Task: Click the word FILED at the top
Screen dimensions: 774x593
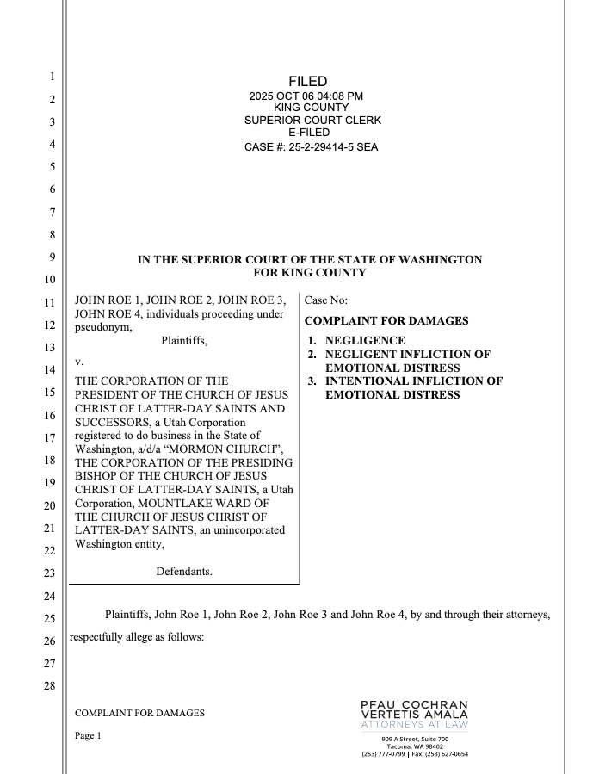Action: click(x=307, y=81)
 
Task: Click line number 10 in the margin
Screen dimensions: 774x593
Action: click(x=50, y=280)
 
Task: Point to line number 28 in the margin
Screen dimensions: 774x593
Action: click(x=50, y=686)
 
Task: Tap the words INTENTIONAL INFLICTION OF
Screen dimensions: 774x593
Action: click(x=413, y=381)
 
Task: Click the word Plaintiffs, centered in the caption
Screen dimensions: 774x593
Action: click(x=183, y=341)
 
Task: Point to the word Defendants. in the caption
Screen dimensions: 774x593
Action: click(x=183, y=571)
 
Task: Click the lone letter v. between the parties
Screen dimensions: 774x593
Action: click(x=79, y=362)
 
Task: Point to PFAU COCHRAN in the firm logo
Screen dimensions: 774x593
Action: click(x=415, y=704)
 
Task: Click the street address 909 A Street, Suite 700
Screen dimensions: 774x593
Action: click(x=415, y=739)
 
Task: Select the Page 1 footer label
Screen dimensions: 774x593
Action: click(x=88, y=736)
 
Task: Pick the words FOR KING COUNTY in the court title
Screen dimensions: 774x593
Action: click(x=310, y=273)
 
